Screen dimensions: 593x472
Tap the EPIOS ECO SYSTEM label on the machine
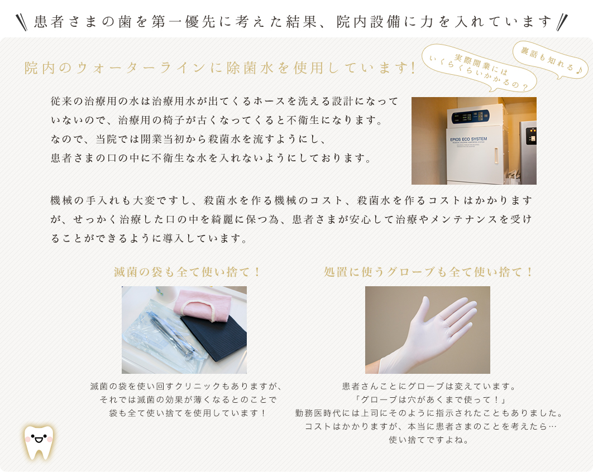[x=468, y=139]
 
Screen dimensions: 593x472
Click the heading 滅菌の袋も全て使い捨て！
[x=187, y=272]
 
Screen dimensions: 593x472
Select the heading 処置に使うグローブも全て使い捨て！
[x=428, y=272]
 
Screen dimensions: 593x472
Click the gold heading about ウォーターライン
[x=220, y=68]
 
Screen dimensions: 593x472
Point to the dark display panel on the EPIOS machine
[x=470, y=117]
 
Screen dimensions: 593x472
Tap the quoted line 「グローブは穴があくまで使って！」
[x=430, y=399]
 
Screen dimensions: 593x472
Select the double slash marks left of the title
[x=22, y=22]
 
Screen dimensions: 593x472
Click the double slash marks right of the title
[x=562, y=22]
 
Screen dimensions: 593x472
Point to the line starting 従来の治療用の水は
[x=224, y=102]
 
